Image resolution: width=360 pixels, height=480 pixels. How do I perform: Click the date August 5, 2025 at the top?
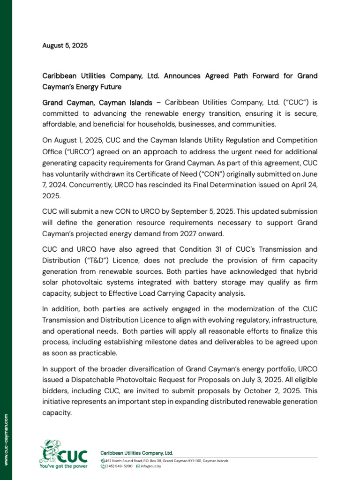pos(65,46)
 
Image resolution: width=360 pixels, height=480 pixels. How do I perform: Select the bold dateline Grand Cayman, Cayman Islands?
pos(97,103)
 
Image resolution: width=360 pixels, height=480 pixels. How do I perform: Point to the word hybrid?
pos(307,271)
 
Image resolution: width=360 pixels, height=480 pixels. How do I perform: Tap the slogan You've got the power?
pos(63,466)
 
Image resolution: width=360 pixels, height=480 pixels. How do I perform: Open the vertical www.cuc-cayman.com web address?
pos(6,439)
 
